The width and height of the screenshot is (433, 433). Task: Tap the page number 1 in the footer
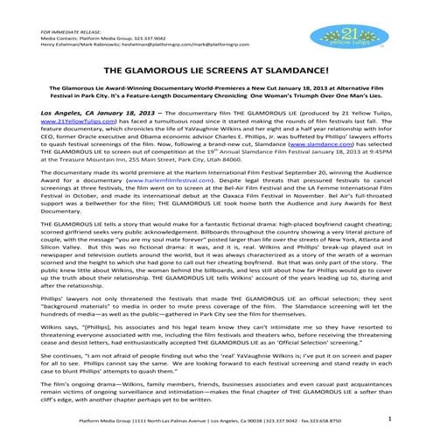388,420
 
